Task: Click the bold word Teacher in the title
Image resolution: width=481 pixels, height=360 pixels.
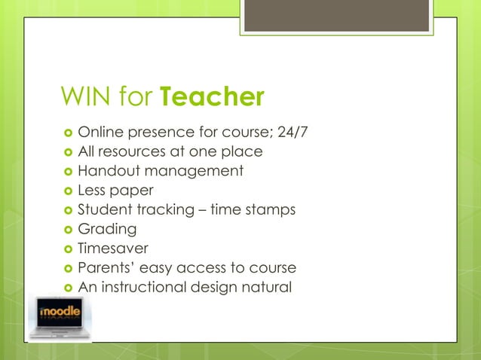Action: [x=213, y=97]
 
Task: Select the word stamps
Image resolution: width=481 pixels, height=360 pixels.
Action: [x=271, y=210]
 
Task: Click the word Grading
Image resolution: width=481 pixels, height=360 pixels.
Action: [x=108, y=229]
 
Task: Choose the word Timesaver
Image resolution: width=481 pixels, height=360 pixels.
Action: [x=113, y=249]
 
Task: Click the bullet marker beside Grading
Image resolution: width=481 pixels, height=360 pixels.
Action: [x=66, y=230]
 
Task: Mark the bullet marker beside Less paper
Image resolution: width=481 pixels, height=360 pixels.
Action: [x=66, y=191]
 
